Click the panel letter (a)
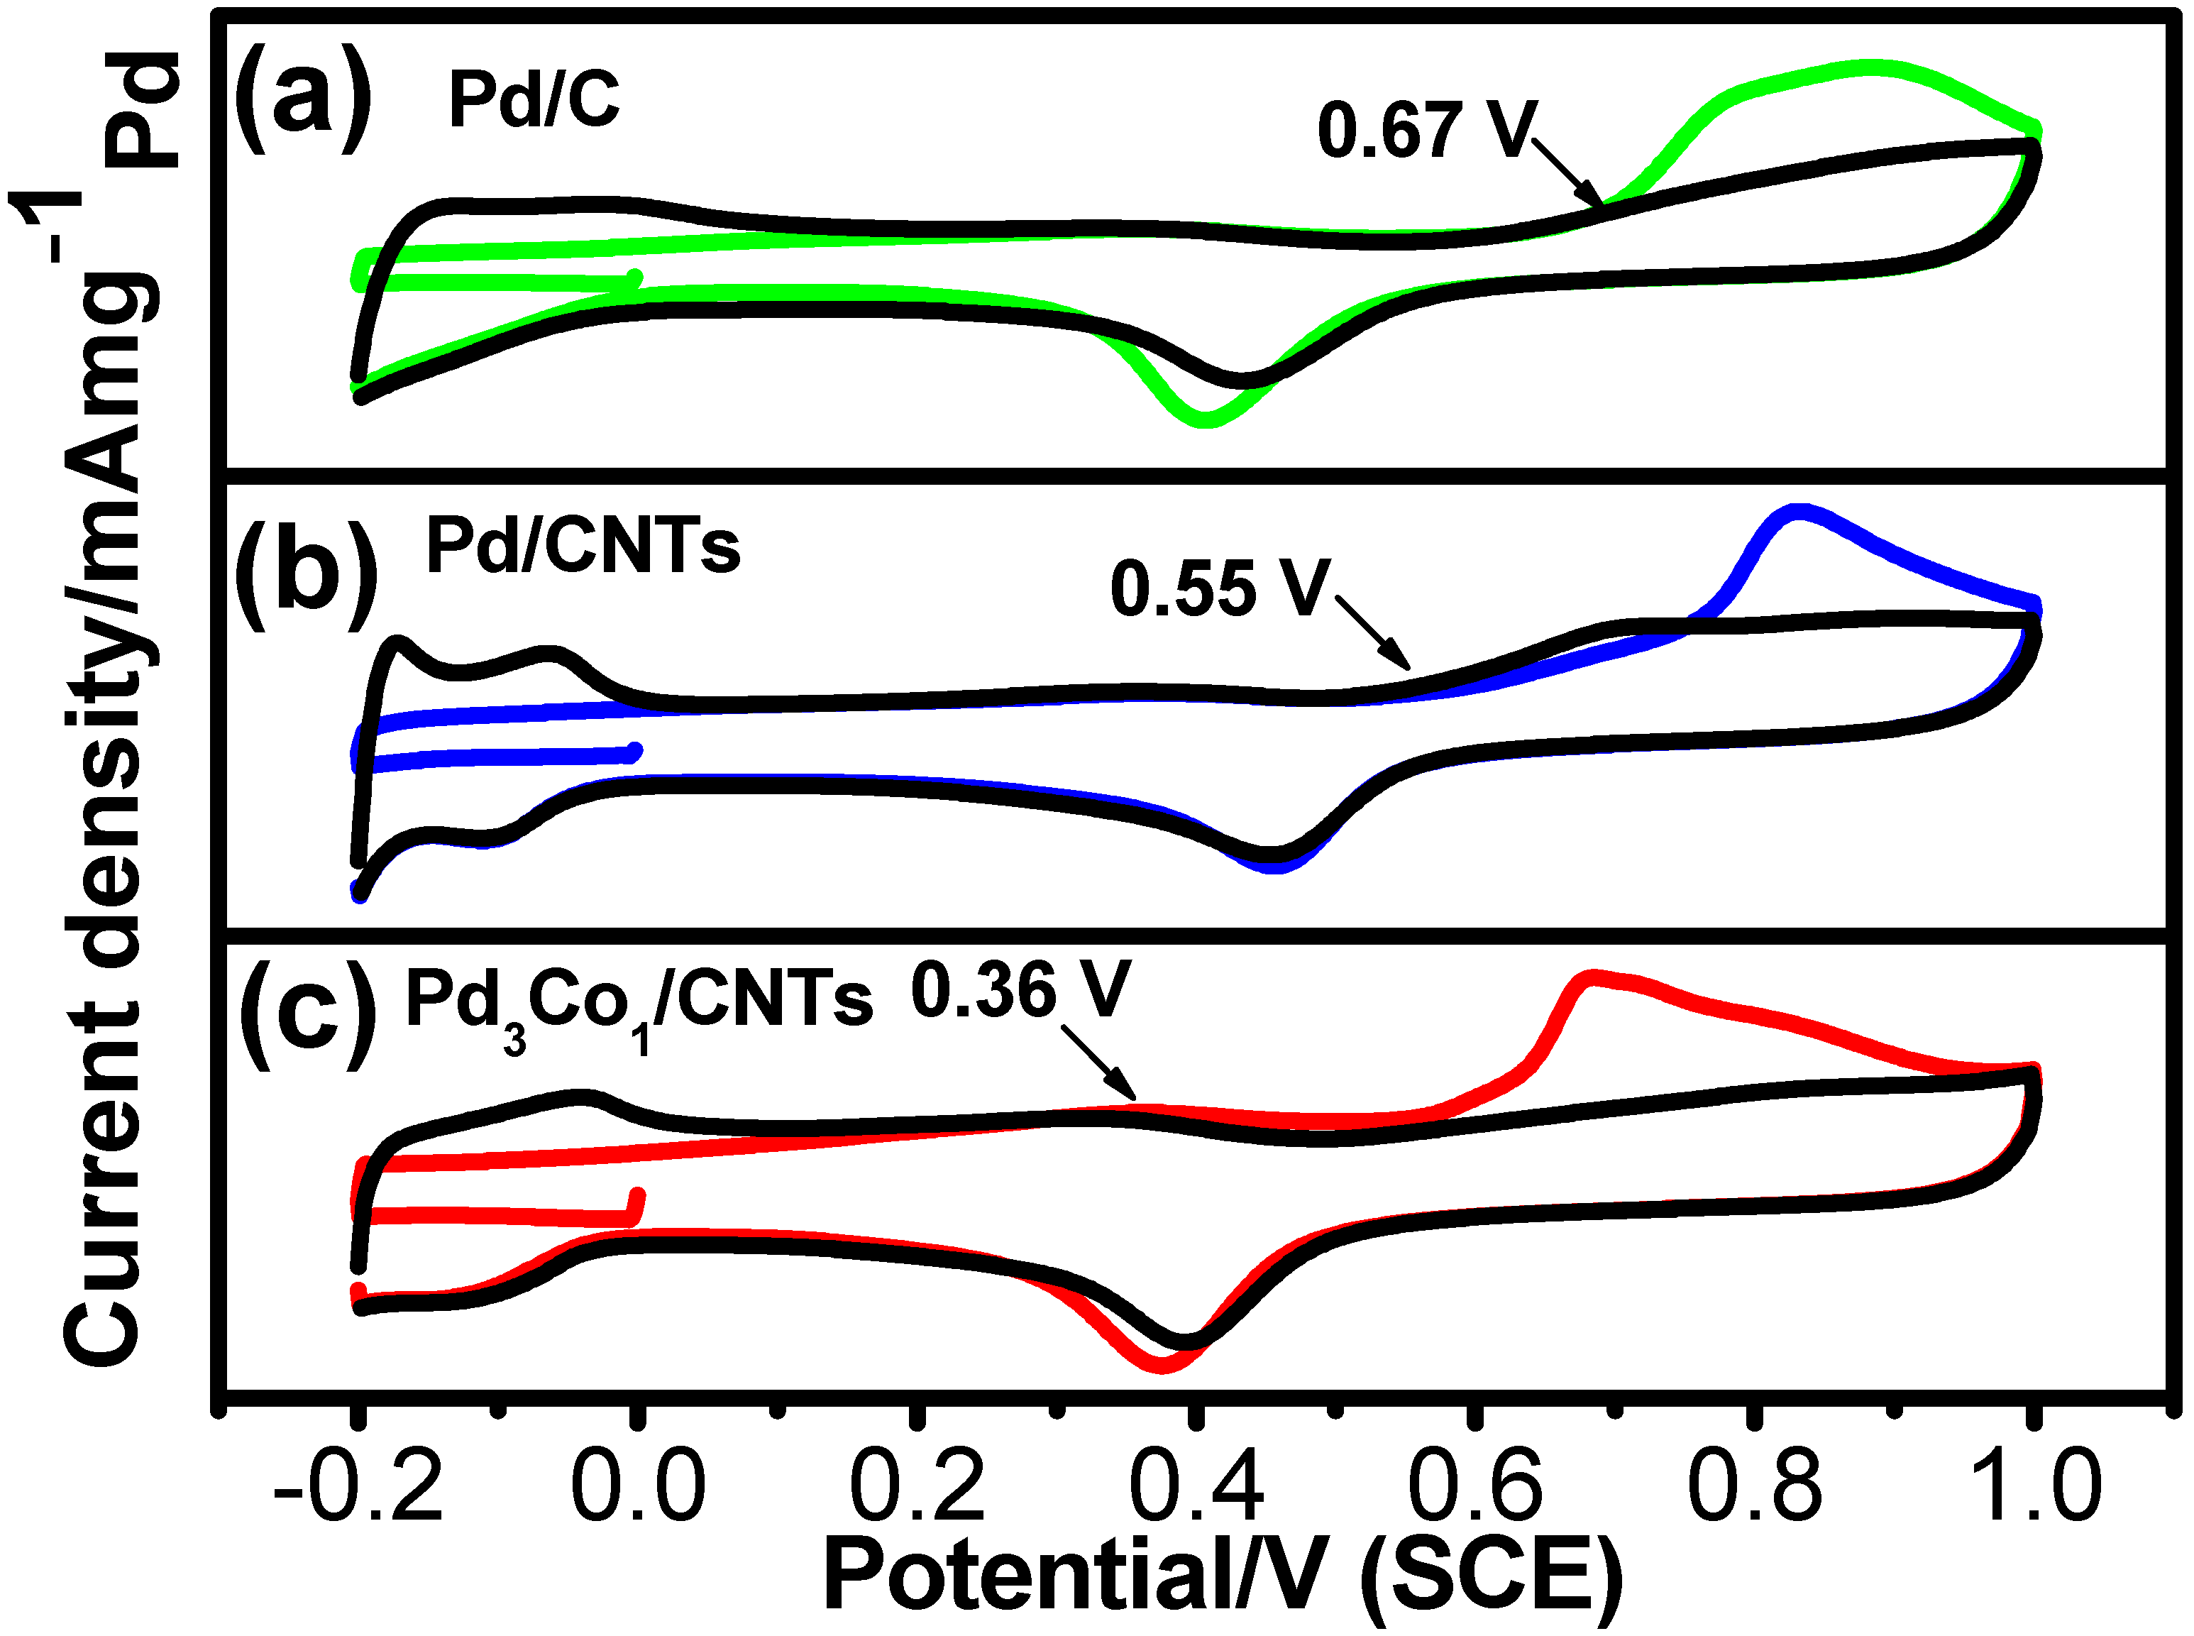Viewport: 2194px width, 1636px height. coord(303,99)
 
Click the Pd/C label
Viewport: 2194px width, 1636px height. coord(534,100)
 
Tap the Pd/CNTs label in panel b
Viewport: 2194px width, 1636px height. coord(583,546)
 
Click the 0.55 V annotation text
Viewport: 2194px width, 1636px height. coord(1220,589)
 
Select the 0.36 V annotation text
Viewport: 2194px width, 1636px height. coord(1020,990)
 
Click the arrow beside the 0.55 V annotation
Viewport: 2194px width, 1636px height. coord(1374,632)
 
